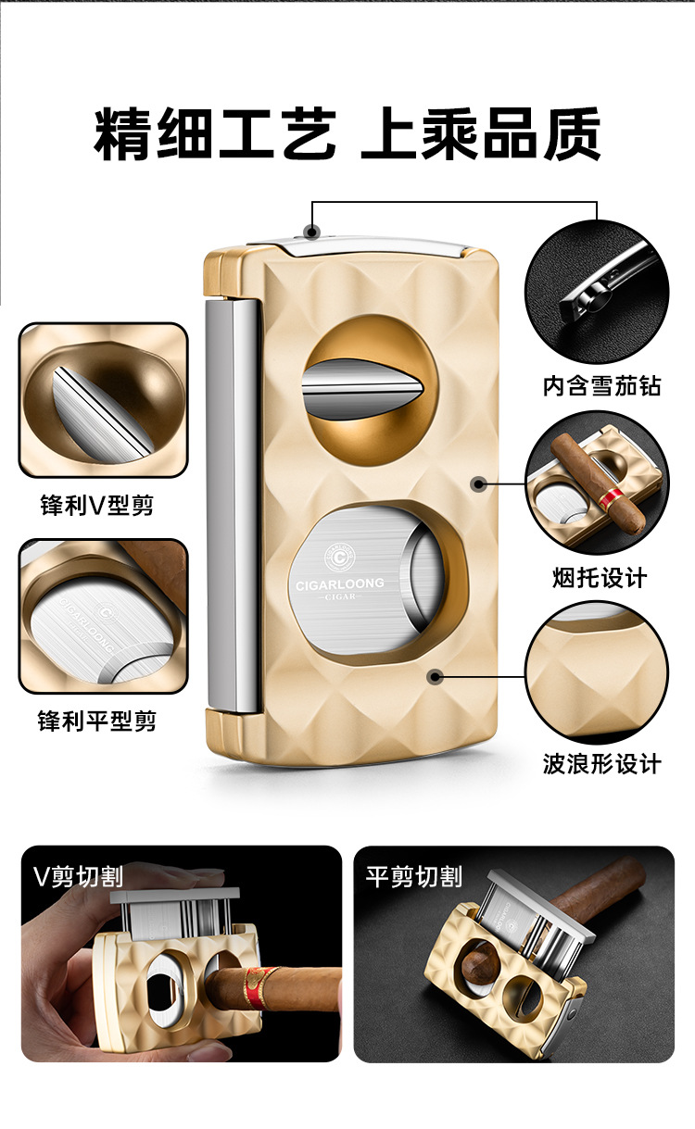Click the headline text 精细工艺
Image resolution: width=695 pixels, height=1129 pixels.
coord(215,134)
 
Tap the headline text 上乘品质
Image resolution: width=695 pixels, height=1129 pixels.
coord(481,134)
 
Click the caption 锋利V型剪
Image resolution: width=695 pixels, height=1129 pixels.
coord(96,505)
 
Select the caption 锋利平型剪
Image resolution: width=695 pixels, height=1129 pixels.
coord(96,721)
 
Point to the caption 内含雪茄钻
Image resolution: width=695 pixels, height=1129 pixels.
coord(601,386)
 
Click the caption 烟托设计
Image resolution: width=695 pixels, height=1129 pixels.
coord(600,578)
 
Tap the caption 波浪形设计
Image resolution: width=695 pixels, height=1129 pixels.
coord(601,764)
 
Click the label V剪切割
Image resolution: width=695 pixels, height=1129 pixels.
coord(78,876)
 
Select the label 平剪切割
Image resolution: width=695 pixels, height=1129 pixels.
coord(414,876)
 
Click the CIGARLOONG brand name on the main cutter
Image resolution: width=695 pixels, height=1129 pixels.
coord(340,584)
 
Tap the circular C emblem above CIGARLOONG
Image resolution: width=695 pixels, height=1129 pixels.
coord(340,558)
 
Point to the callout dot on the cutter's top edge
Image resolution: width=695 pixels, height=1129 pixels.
coord(312,232)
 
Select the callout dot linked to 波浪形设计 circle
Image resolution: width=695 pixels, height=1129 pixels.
coord(435,676)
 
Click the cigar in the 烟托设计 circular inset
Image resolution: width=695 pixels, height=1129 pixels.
coord(598,484)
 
